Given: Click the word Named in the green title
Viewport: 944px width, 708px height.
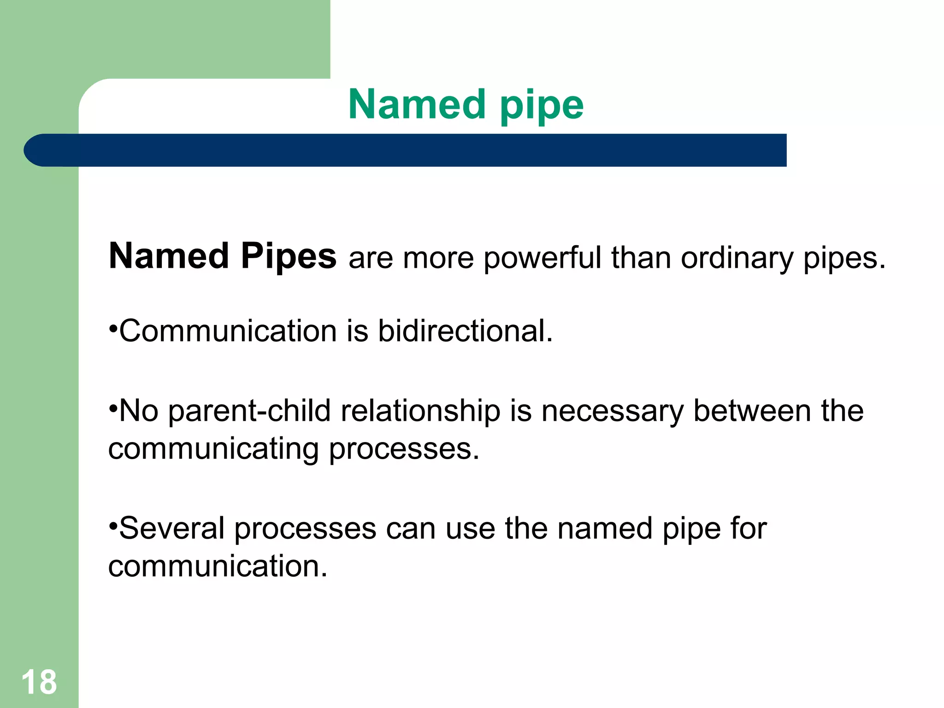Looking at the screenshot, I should (x=417, y=105).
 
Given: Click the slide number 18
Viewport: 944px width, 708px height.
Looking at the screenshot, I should (x=39, y=682).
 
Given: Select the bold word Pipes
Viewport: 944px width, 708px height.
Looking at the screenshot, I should (x=289, y=256).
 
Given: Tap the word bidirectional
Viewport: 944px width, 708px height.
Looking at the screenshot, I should (x=465, y=331).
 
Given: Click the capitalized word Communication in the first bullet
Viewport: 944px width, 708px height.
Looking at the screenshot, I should (x=228, y=331).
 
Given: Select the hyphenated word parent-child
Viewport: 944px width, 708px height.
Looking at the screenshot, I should (x=249, y=411).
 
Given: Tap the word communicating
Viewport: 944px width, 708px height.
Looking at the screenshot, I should (x=213, y=449).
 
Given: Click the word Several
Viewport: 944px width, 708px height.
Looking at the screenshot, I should (x=172, y=528).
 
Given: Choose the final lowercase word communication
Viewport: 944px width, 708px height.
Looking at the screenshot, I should (x=218, y=566).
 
